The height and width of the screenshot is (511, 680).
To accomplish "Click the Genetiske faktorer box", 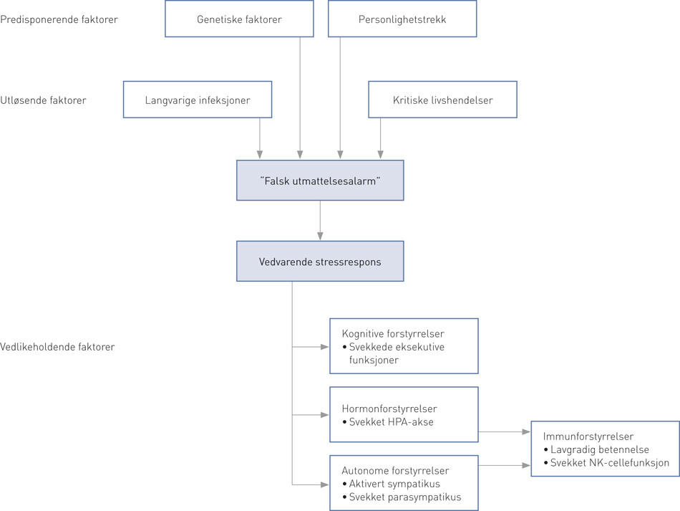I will [239, 19].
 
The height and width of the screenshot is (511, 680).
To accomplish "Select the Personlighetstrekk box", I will [402, 19].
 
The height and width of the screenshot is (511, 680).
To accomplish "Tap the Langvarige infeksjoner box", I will [198, 100].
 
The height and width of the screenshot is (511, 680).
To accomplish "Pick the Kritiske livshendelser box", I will [442, 100].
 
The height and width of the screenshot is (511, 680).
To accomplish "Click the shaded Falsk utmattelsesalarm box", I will [320, 181].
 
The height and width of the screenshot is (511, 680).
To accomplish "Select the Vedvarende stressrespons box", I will [320, 262].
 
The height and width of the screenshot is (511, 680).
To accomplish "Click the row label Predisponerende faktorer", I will [59, 19].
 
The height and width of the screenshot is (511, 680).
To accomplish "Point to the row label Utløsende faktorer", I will [43, 100].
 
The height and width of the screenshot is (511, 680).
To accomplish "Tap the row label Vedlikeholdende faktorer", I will [57, 347].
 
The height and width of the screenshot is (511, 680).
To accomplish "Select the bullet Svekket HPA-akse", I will [391, 422].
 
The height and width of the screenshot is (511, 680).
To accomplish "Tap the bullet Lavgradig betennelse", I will [599, 449].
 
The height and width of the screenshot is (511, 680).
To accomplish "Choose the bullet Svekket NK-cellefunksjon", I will [609, 462].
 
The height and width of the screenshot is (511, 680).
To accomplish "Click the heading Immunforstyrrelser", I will [588, 436].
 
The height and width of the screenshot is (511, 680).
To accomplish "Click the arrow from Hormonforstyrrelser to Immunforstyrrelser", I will [504, 432].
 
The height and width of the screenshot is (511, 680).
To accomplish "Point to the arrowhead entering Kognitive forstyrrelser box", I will [324, 348].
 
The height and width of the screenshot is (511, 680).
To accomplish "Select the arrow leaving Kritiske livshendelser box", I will [380, 136].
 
